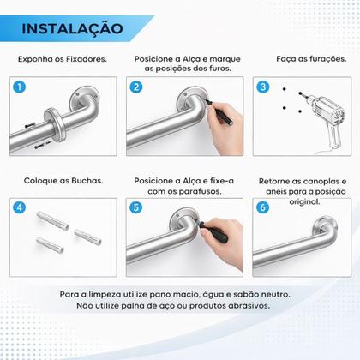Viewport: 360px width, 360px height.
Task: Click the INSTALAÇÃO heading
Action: point(72,29)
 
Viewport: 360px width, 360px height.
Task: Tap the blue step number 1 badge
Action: point(20,87)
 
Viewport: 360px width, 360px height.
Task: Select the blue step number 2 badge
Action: point(136,87)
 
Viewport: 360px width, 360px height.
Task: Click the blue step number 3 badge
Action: point(263,87)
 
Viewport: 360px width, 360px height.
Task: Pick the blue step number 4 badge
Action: point(20,207)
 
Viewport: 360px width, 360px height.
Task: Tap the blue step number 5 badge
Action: point(136,207)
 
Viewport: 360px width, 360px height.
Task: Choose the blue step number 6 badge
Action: point(263,207)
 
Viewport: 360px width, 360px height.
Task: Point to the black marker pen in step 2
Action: point(219,112)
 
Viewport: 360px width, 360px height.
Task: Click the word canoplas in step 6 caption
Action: point(321,181)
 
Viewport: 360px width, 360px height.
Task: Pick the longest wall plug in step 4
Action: point(53,221)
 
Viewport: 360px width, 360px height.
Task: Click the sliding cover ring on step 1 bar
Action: point(55,124)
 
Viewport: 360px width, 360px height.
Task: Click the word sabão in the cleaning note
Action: point(246,294)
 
